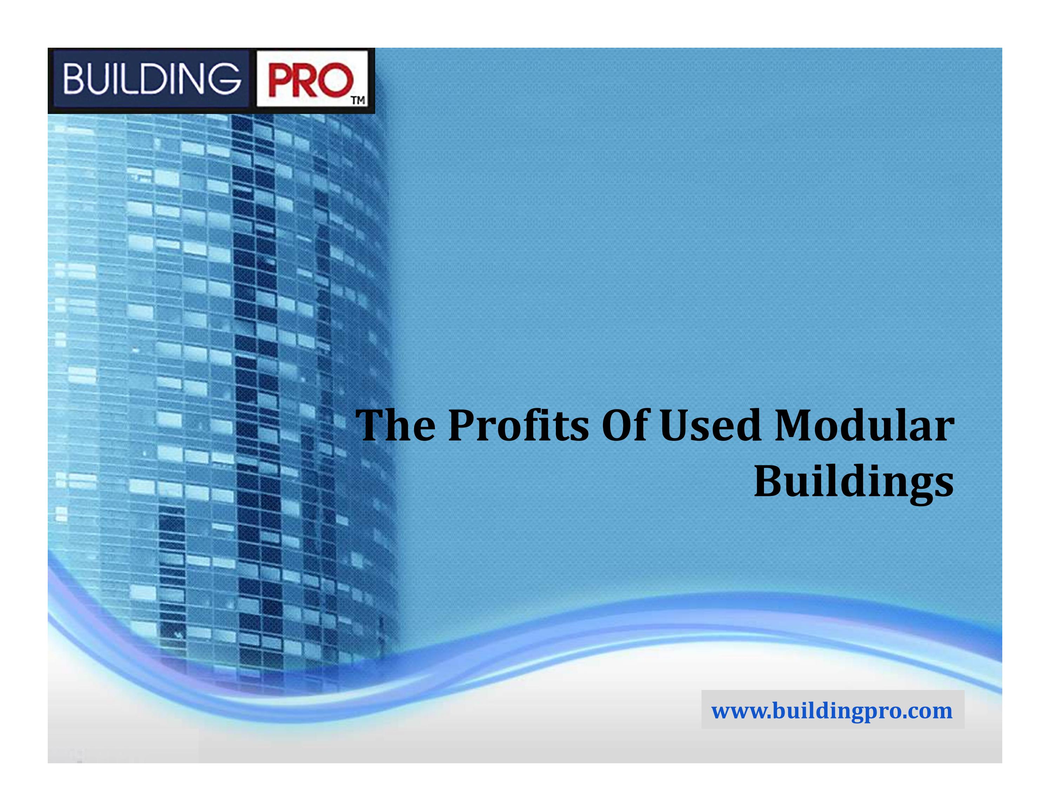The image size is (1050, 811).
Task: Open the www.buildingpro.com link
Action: pos(832,711)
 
